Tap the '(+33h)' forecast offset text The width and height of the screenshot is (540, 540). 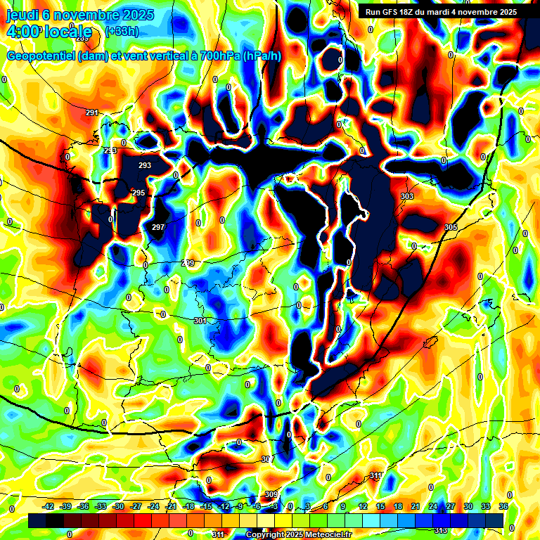(121, 32)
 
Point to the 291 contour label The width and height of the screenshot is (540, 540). (92, 113)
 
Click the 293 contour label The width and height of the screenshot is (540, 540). (145, 165)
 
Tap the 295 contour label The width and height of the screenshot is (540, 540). (139, 193)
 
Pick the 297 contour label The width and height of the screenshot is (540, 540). (158, 227)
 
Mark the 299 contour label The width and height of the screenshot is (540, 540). (188, 263)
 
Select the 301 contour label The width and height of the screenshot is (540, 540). (200, 321)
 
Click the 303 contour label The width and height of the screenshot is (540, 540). (406, 196)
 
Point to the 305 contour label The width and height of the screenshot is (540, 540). (451, 227)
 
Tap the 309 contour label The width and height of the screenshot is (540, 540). (271, 494)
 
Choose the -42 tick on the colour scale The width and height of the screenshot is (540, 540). (49, 506)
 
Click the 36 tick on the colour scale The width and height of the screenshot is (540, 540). (503, 506)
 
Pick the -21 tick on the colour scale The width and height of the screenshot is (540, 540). (171, 506)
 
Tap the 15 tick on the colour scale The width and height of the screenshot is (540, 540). (380, 506)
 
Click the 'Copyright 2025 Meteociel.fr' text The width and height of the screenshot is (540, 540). (299, 535)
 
